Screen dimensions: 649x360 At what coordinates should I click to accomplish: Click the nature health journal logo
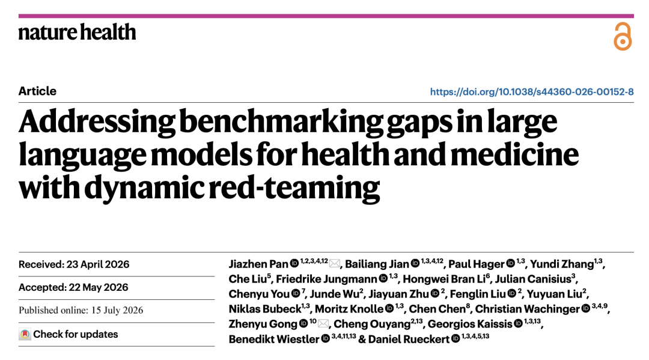pyautogui.click(x=78, y=32)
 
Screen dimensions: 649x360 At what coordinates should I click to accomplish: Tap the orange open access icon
pyautogui.click(x=623, y=37)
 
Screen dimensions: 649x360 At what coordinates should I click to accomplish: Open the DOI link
pyautogui.click(x=531, y=91)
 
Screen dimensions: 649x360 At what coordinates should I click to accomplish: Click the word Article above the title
pyautogui.click(x=37, y=91)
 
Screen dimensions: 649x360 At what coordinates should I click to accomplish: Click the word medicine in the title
pyautogui.click(x=514, y=154)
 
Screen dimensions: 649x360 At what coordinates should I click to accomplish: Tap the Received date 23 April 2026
pyautogui.click(x=98, y=264)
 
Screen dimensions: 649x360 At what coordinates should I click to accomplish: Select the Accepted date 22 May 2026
pyautogui.click(x=99, y=287)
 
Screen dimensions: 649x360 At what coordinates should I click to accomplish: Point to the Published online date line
pyautogui.click(x=81, y=310)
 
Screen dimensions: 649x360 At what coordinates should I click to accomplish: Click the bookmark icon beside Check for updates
pyautogui.click(x=25, y=334)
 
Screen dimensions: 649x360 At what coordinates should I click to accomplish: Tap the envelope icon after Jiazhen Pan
pyautogui.click(x=335, y=264)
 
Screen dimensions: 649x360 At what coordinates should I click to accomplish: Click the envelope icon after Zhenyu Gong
pyautogui.click(x=323, y=323)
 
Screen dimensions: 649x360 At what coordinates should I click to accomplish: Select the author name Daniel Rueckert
pyautogui.click(x=409, y=340)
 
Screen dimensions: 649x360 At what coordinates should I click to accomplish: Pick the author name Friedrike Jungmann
pyautogui.click(x=326, y=279)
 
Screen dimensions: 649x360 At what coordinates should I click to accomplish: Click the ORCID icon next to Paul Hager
pyautogui.click(x=511, y=264)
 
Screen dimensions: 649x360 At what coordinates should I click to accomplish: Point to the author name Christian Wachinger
pyautogui.click(x=528, y=309)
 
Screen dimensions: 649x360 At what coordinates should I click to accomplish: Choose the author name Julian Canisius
pyautogui.click(x=533, y=279)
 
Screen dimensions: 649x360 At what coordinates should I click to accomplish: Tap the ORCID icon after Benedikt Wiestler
pyautogui.click(x=326, y=339)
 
